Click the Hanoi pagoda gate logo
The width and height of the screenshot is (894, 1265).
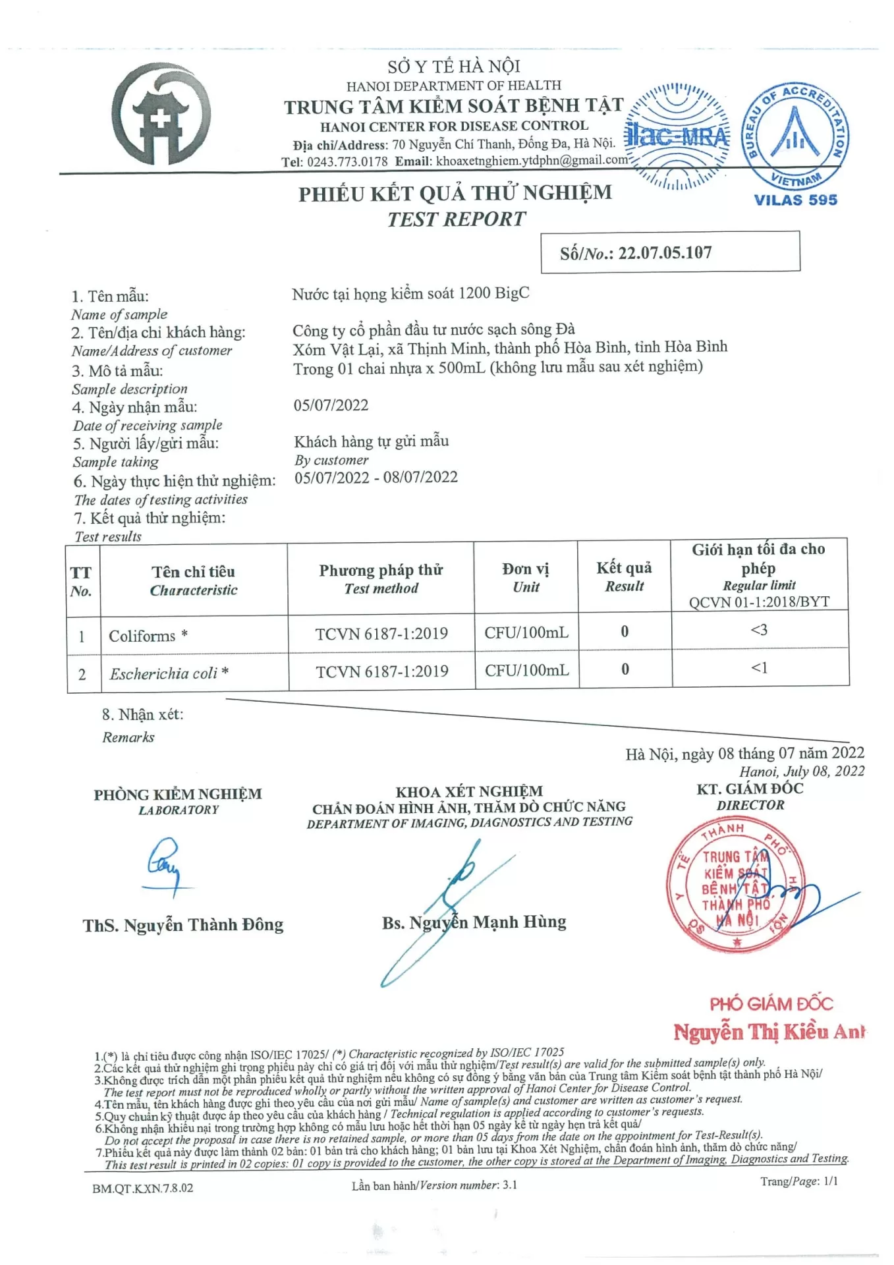(161, 114)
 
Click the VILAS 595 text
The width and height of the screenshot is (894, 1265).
(795, 200)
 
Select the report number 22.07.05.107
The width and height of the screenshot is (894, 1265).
(665, 253)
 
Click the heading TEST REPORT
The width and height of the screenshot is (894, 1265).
(456, 219)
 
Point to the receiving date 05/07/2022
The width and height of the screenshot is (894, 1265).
(331, 405)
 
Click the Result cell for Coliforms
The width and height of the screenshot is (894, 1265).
(625, 632)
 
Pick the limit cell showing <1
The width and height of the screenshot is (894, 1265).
(760, 668)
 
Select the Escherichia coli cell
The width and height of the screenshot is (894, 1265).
(169, 673)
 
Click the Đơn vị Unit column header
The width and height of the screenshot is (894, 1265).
(526, 577)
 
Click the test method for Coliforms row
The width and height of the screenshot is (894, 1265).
(381, 634)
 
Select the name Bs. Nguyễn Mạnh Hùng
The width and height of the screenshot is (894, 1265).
(474, 922)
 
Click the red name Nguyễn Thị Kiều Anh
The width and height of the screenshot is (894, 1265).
(768, 1032)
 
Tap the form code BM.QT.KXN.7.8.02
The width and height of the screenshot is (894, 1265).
(143, 1188)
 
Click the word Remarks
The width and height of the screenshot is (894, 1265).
(128, 737)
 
